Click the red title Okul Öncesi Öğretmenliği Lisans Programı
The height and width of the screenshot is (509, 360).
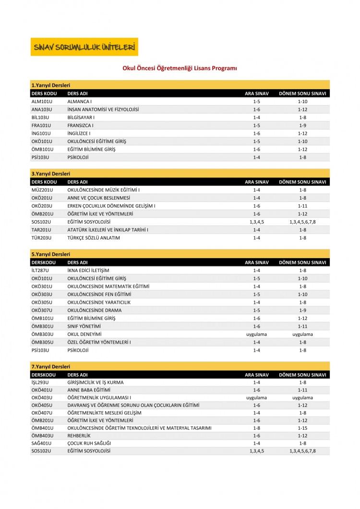tap(180, 68)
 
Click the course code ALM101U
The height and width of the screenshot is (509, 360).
tap(41, 101)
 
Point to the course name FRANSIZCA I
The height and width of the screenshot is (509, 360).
tap(80, 126)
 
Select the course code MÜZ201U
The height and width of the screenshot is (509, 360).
tap(41, 189)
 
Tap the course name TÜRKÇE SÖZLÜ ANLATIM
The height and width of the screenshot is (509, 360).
tap(94, 238)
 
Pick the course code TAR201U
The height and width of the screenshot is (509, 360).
tap(41, 230)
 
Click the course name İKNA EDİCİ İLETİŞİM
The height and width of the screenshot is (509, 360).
tap(88, 270)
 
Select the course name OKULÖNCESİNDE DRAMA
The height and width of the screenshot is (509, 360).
tap(93, 310)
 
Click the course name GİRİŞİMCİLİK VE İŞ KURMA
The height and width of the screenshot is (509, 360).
tap(96, 382)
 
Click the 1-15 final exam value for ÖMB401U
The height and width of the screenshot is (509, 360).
tap(302, 427)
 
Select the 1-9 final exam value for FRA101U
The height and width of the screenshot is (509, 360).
tap(302, 126)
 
